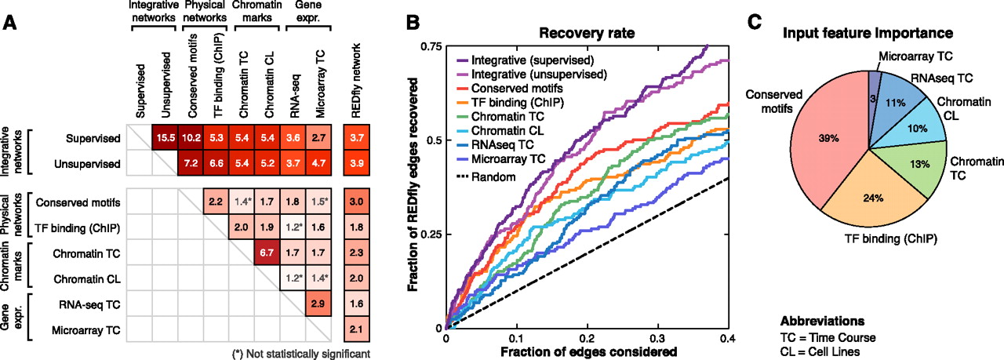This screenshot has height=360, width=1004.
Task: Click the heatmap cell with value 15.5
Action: click(165, 138)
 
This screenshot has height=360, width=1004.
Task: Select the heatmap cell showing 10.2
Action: click(191, 138)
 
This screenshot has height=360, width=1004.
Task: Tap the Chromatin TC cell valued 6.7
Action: click(269, 254)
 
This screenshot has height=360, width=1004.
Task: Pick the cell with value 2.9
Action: click(321, 304)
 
